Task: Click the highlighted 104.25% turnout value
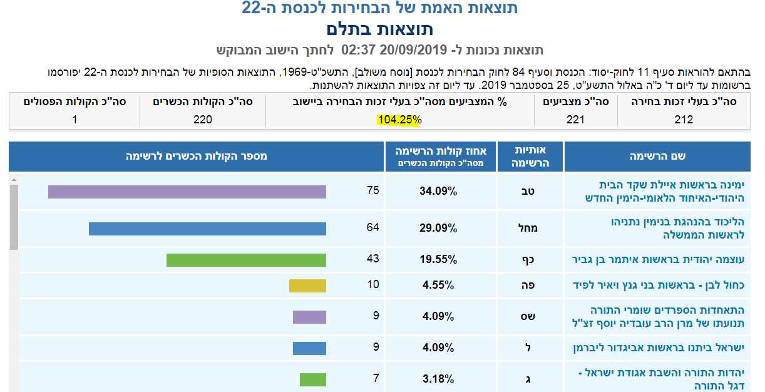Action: [x=399, y=120]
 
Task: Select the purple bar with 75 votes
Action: [x=187, y=192]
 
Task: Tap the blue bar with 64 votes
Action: [x=207, y=229]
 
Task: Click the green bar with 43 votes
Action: [x=246, y=260]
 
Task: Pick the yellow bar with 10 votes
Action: [x=307, y=286]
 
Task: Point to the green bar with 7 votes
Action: [x=313, y=379]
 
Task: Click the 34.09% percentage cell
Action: [x=438, y=192]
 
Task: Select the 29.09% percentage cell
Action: [x=438, y=229]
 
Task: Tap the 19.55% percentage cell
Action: [x=438, y=260]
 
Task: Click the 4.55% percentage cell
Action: [x=438, y=286]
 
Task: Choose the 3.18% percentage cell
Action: [x=438, y=379]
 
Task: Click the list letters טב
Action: [x=529, y=192]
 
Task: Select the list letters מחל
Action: [x=529, y=229]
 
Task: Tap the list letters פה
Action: [x=529, y=286]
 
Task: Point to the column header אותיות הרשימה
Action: [x=530, y=157]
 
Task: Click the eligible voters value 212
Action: [x=684, y=120]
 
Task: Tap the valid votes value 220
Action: [x=203, y=120]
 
